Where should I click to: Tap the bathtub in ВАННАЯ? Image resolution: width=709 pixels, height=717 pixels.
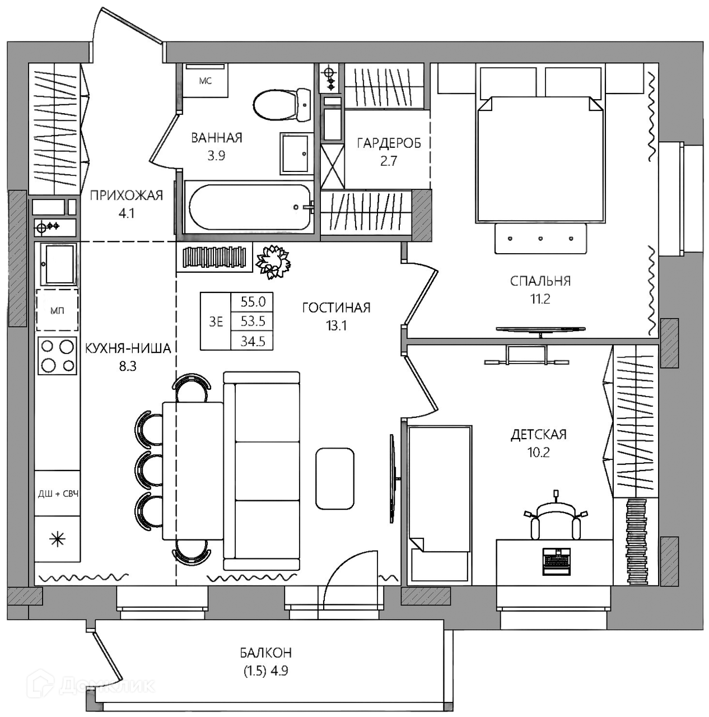pos(250,207)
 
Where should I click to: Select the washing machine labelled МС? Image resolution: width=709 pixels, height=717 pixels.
pos(206,80)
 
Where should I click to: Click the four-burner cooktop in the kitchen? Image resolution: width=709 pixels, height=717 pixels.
pos(57,356)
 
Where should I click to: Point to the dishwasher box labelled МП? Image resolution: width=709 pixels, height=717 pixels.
pos(57,310)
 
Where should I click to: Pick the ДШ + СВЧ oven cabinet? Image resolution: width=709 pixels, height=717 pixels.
pos(58,493)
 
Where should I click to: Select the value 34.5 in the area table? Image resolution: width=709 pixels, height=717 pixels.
pos(253,341)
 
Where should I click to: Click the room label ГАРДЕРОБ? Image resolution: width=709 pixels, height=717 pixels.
pos(389,143)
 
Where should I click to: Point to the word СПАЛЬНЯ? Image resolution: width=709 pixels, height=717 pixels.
pos(540,281)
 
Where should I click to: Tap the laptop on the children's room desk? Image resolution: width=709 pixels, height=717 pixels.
pos(557,561)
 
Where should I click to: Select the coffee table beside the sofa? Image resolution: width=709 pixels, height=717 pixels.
pos(334,478)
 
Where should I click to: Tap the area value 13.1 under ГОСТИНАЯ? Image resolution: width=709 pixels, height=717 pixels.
pos(336,326)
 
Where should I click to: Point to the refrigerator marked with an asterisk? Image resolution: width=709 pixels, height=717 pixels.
pos(58,539)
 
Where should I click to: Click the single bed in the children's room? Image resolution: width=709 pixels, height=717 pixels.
pos(440,505)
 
